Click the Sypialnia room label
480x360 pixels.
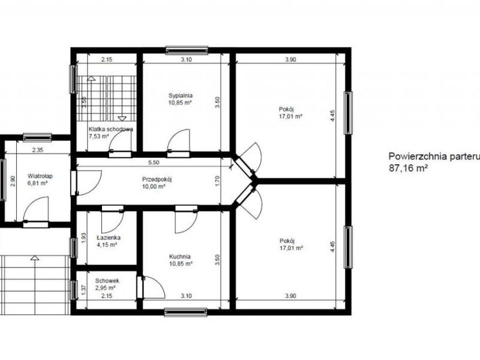click(x=181, y=95)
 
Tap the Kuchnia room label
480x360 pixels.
click(x=180, y=257)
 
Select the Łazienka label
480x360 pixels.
click(x=109, y=238)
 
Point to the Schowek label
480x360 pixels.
click(x=107, y=281)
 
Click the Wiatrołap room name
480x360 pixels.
click(x=40, y=176)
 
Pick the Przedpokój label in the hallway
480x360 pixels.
click(x=157, y=179)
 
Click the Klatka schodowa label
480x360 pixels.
click(x=111, y=129)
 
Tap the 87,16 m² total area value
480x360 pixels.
click(x=408, y=168)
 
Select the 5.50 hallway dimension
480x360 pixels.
click(x=154, y=163)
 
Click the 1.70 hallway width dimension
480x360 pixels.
click(x=218, y=181)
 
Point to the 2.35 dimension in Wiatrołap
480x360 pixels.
click(x=38, y=150)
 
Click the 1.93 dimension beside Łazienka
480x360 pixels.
click(x=85, y=238)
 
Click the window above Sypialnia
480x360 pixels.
click(x=187, y=50)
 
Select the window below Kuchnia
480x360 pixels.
click(x=185, y=312)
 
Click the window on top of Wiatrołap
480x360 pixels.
click(x=37, y=137)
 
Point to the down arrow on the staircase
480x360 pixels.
click(x=122, y=118)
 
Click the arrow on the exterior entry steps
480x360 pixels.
click(x=35, y=258)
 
